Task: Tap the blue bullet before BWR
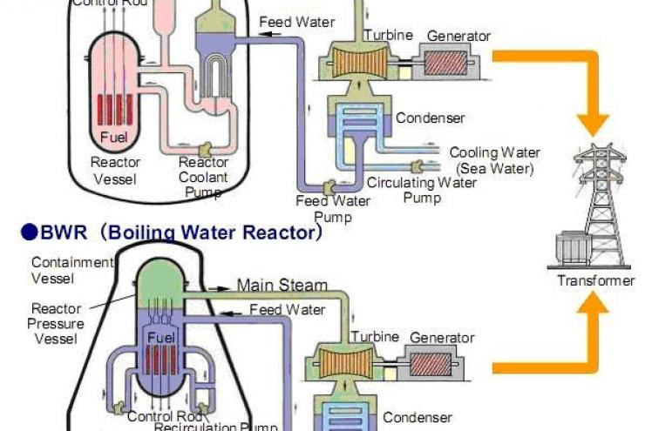point(29,233)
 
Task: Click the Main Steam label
point(282,285)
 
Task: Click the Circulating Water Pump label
point(421,190)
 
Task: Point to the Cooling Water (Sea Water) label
point(494,160)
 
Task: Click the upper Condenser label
point(430,118)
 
